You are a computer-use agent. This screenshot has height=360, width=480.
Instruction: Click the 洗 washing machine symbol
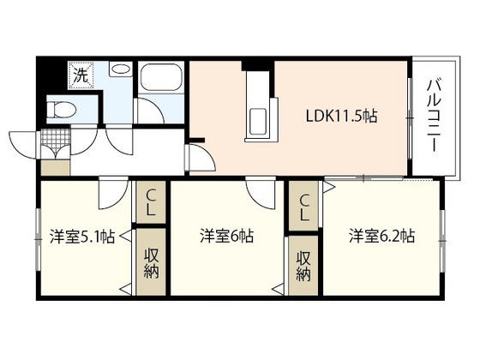click(x=81, y=73)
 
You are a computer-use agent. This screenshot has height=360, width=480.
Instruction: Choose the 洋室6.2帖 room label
click(x=381, y=234)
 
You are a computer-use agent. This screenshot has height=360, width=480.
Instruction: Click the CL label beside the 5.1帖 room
click(x=150, y=202)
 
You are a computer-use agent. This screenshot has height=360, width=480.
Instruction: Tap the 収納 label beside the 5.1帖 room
click(x=151, y=262)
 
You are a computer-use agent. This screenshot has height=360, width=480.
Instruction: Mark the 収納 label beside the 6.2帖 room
click(x=303, y=265)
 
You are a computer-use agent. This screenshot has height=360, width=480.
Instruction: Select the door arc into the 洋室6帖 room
click(x=258, y=192)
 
